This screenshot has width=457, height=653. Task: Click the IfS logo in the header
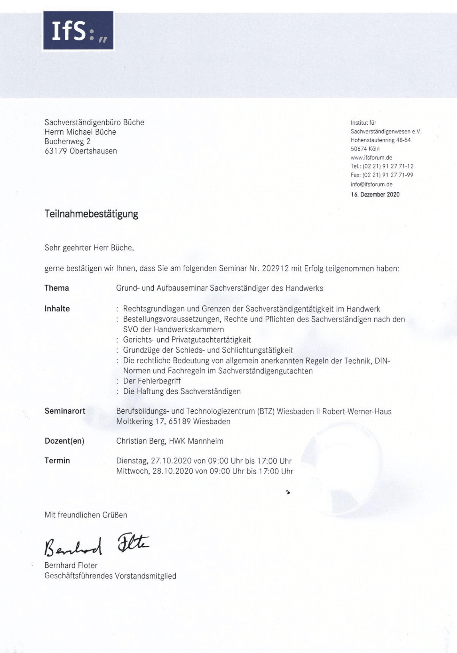pyautogui.click(x=78, y=31)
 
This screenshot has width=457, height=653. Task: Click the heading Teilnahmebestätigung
pyautogui.click(x=91, y=214)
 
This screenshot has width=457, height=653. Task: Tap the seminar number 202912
pyautogui.click(x=275, y=268)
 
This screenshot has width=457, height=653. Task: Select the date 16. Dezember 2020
pyautogui.click(x=375, y=195)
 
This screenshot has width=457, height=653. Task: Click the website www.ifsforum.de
pyautogui.click(x=371, y=157)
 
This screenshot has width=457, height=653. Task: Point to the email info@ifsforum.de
pyautogui.click(x=371, y=184)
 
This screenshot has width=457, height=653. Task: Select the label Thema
pyautogui.click(x=56, y=288)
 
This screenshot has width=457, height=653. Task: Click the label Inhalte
pyautogui.click(x=57, y=309)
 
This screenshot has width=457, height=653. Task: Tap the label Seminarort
pyautogui.click(x=65, y=411)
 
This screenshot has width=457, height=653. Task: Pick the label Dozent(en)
pyautogui.click(x=64, y=441)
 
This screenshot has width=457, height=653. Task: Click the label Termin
pyautogui.click(x=57, y=461)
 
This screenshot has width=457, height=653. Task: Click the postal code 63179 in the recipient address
pyautogui.click(x=56, y=151)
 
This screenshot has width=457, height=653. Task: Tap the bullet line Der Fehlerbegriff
pyautogui.click(x=152, y=381)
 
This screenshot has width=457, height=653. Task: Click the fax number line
pyautogui.click(x=381, y=175)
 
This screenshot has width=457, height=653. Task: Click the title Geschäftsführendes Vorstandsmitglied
pyautogui.click(x=110, y=576)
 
